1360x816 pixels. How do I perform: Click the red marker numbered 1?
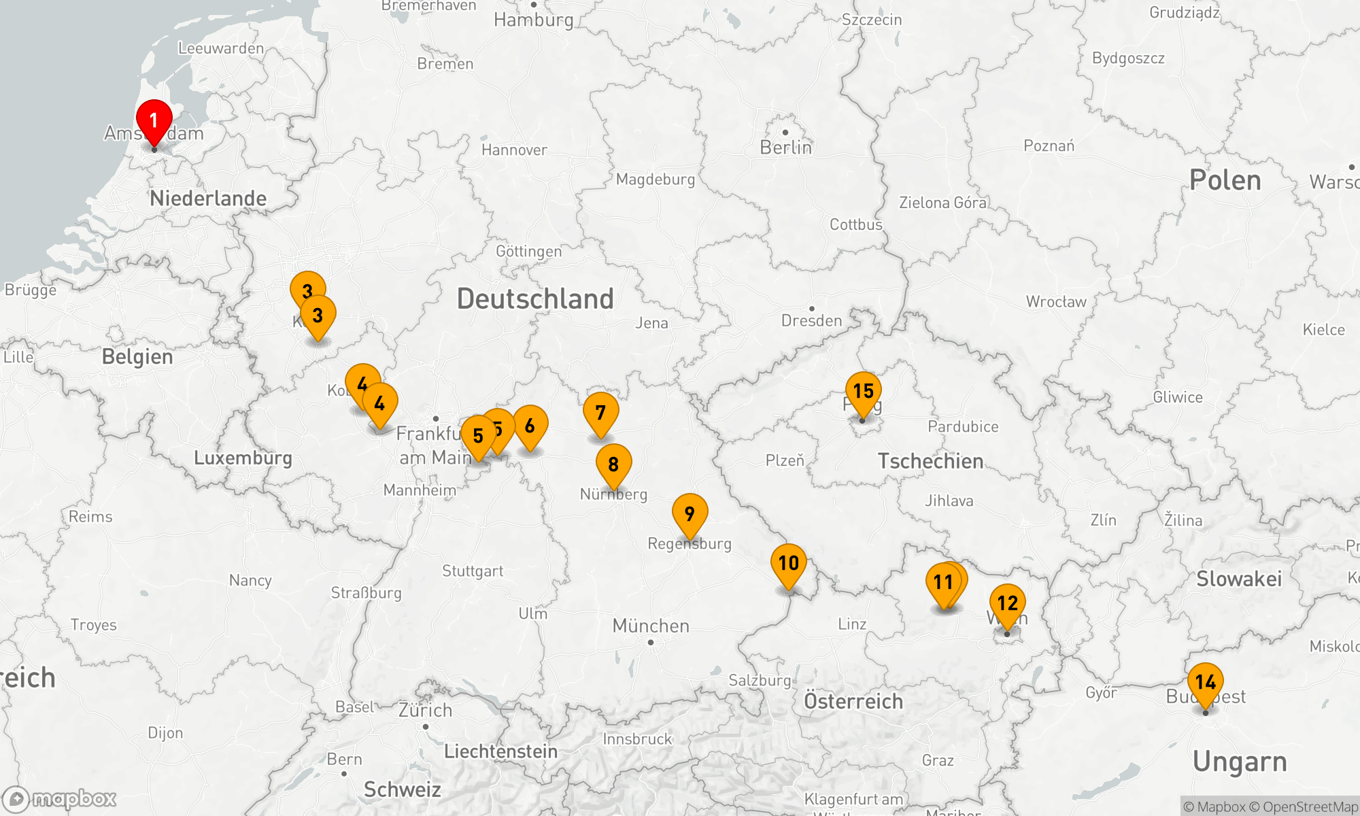pos(154,121)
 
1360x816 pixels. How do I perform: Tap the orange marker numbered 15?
pos(863,392)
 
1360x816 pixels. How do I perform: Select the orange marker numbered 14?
pos(1205,682)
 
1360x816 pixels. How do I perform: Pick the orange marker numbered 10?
pos(788,564)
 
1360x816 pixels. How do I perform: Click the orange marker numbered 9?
pos(690,513)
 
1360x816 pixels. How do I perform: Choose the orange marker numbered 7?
pos(600,413)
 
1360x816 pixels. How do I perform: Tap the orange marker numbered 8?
pos(613,464)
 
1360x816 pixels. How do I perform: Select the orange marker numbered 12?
pos(1007,603)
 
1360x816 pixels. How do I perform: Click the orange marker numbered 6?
pos(530,426)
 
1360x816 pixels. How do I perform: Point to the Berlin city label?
pos(785,148)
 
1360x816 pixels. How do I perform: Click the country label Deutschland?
pos(535,299)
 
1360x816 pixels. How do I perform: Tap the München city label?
pos(651,626)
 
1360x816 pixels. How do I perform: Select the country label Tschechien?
pos(930,461)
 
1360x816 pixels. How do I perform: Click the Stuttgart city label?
pos(473,571)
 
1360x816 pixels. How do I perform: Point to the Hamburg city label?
pos(534,20)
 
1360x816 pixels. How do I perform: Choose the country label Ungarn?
pos(1240,762)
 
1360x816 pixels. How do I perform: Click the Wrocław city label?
pos(1056,302)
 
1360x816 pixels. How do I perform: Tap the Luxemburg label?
pos(243,458)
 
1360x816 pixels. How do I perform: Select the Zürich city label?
pos(425,711)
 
